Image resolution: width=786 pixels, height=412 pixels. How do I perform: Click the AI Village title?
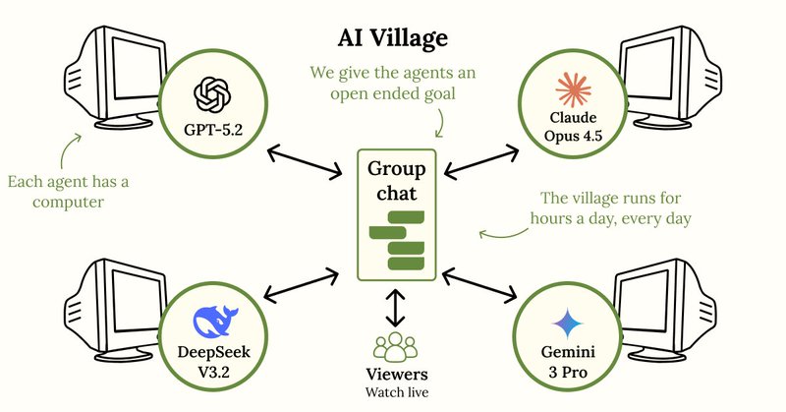(394, 37)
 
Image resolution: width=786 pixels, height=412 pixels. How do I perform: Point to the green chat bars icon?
(394, 239)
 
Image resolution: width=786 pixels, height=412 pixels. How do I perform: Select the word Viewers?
(394, 375)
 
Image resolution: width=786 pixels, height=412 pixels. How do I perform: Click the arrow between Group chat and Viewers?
(394, 308)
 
